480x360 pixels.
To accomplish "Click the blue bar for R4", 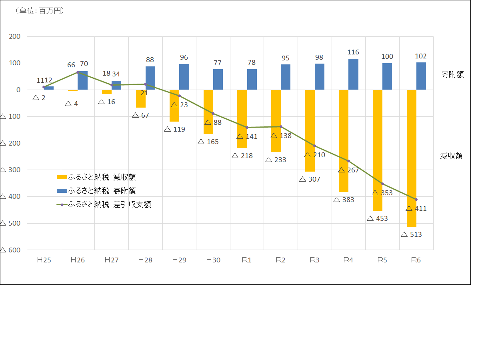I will (x=353, y=74).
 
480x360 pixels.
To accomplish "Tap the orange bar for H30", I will (x=208, y=112).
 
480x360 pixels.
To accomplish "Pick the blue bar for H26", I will (x=82, y=80).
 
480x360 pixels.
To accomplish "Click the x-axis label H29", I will (x=179, y=260).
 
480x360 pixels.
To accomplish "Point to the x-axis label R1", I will (x=247, y=260).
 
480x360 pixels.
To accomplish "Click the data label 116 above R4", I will (x=353, y=52).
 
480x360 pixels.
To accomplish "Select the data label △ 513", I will (x=411, y=234).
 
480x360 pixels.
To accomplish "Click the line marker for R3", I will (x=315, y=146).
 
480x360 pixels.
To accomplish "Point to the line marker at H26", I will (x=78, y=72).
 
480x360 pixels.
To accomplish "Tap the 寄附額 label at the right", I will (x=452, y=74).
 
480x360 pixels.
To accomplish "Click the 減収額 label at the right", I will (x=451, y=156).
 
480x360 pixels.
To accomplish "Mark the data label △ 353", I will (x=382, y=193).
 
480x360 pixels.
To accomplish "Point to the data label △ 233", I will (x=276, y=160).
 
